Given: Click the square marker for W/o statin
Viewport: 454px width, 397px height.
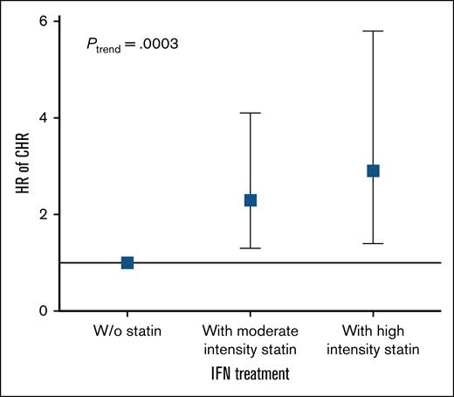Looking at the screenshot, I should click(x=127, y=262).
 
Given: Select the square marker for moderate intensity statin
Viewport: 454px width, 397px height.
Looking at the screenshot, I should click(x=251, y=200).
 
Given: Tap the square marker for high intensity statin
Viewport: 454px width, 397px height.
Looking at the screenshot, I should click(x=374, y=171).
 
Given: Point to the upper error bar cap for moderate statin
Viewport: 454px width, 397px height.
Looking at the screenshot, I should click(x=251, y=113).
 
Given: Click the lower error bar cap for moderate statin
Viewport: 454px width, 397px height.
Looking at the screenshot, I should click(x=251, y=248).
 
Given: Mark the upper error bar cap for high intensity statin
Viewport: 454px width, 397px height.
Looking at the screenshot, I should click(x=374, y=31).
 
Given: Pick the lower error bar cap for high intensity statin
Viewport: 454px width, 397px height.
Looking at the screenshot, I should click(x=374, y=243).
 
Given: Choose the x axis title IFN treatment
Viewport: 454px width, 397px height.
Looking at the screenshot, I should click(x=251, y=373).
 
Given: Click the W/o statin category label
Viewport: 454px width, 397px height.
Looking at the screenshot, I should click(x=127, y=333).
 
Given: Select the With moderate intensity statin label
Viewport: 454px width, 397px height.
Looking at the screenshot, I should click(x=251, y=341).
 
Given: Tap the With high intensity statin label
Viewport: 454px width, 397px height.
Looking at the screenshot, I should click(x=374, y=341).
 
